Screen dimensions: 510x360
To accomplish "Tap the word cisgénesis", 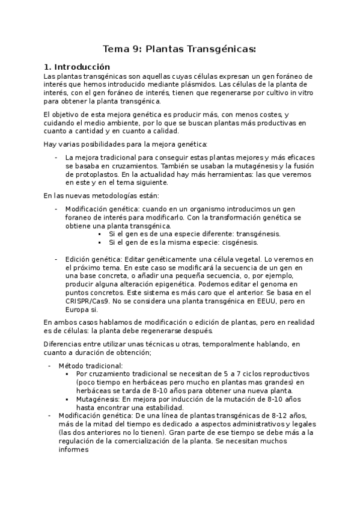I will tap(236, 242).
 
